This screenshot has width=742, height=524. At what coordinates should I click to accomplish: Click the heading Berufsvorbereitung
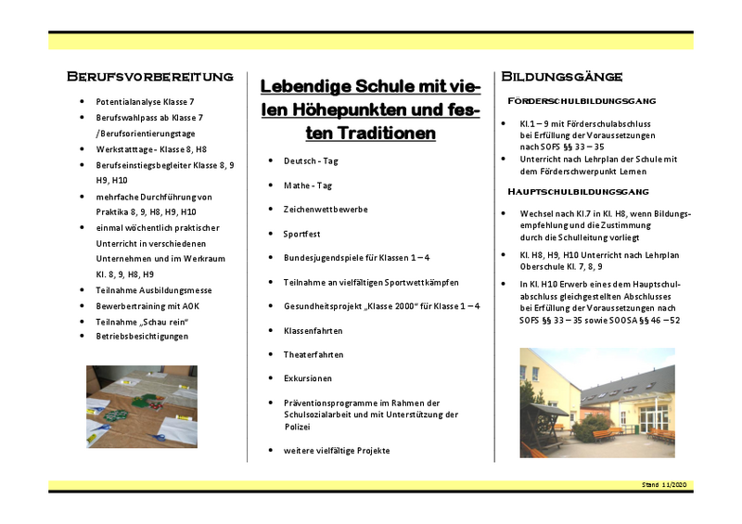pyautogui.click(x=149, y=75)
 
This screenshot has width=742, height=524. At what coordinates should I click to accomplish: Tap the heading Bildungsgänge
pyautogui.click(x=561, y=75)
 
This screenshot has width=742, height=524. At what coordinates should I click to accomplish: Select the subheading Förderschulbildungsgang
pyautogui.click(x=582, y=100)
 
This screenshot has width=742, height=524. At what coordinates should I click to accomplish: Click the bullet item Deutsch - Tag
pyautogui.click(x=312, y=161)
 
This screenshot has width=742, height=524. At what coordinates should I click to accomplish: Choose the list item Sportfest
pyautogui.click(x=301, y=234)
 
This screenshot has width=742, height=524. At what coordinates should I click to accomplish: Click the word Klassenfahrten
pyautogui.click(x=313, y=330)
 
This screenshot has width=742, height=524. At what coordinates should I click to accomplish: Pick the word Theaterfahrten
pyautogui.click(x=313, y=354)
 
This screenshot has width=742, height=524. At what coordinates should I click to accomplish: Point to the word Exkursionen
pyautogui.click(x=308, y=378)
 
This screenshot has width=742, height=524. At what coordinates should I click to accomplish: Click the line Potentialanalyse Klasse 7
pyautogui.click(x=145, y=100)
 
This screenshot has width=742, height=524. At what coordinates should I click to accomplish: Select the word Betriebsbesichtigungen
pyautogui.click(x=142, y=336)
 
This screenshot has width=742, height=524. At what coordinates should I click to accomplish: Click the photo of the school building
pyautogui.click(x=596, y=403)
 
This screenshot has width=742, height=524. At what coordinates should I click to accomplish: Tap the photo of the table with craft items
pyautogui.click(x=142, y=405)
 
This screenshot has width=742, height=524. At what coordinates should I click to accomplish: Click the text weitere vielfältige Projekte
pyautogui.click(x=337, y=451)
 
